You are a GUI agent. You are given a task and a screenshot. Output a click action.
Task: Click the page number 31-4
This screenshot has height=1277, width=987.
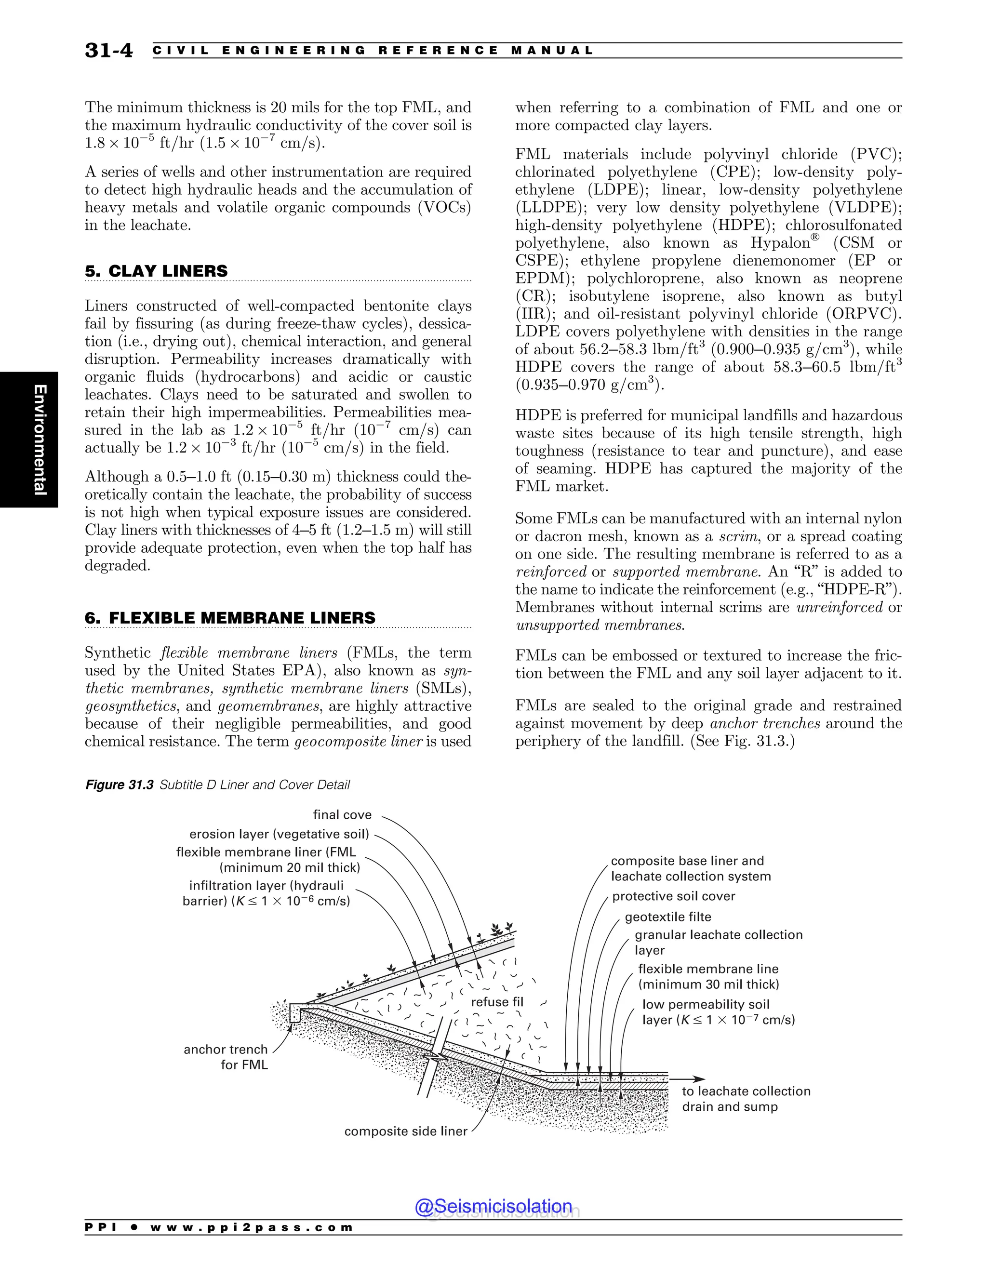tap(109, 50)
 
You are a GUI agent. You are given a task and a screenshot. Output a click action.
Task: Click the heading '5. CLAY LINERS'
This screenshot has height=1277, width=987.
tap(156, 271)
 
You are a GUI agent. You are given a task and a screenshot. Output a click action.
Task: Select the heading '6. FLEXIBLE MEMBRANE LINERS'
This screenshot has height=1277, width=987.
tap(230, 618)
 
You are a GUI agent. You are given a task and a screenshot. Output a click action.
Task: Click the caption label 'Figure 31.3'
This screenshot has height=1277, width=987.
tap(120, 785)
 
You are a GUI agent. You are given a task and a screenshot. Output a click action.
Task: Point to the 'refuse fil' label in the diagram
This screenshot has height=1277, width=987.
tap(497, 1002)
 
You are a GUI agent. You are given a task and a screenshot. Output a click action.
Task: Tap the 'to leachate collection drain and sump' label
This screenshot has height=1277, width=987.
tap(746, 1099)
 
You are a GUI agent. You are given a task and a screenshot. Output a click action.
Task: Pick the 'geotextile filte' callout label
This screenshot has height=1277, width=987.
tap(668, 917)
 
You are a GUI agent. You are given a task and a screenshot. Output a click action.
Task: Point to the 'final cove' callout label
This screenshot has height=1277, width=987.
tap(342, 814)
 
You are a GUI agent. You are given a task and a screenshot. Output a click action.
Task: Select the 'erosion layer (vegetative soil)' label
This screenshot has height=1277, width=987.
tap(279, 834)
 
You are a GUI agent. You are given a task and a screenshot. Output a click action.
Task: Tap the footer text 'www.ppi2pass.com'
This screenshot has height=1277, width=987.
tap(252, 1227)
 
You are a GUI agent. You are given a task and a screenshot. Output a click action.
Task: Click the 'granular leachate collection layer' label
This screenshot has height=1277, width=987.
tap(718, 942)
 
